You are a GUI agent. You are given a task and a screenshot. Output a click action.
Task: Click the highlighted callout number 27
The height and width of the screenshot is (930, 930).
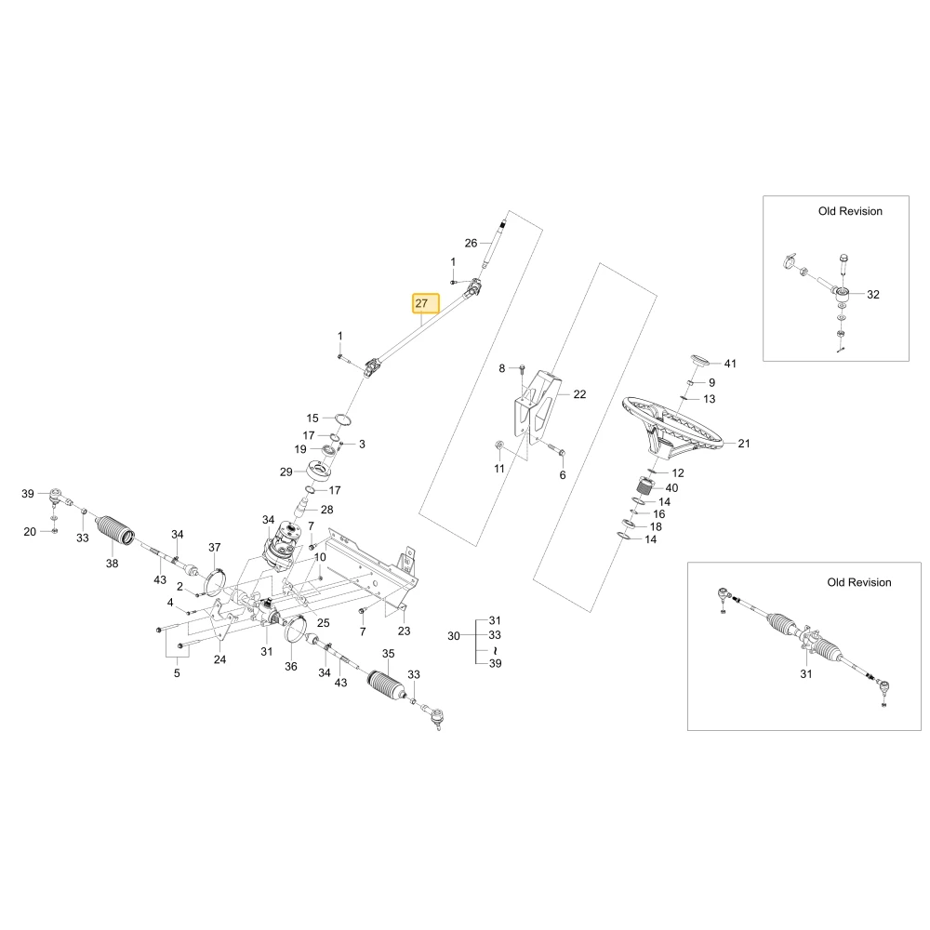[421, 303]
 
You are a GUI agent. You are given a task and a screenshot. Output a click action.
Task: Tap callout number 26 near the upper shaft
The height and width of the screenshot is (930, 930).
[471, 243]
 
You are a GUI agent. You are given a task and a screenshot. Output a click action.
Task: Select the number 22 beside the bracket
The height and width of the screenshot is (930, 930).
[579, 394]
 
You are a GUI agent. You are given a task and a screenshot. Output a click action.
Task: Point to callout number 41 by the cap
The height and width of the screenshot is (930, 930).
[730, 364]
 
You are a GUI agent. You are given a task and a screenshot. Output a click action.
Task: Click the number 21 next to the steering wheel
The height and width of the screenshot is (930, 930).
[744, 444]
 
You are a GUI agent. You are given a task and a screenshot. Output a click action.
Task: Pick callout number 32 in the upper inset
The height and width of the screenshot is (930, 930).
[873, 295]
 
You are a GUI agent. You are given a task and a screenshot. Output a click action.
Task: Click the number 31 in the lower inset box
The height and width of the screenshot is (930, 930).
[806, 673]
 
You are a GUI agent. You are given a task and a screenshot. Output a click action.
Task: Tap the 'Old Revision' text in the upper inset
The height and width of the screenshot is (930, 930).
[850, 211]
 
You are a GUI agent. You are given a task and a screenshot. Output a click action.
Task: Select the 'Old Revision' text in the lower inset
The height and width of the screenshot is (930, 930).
[858, 582]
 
